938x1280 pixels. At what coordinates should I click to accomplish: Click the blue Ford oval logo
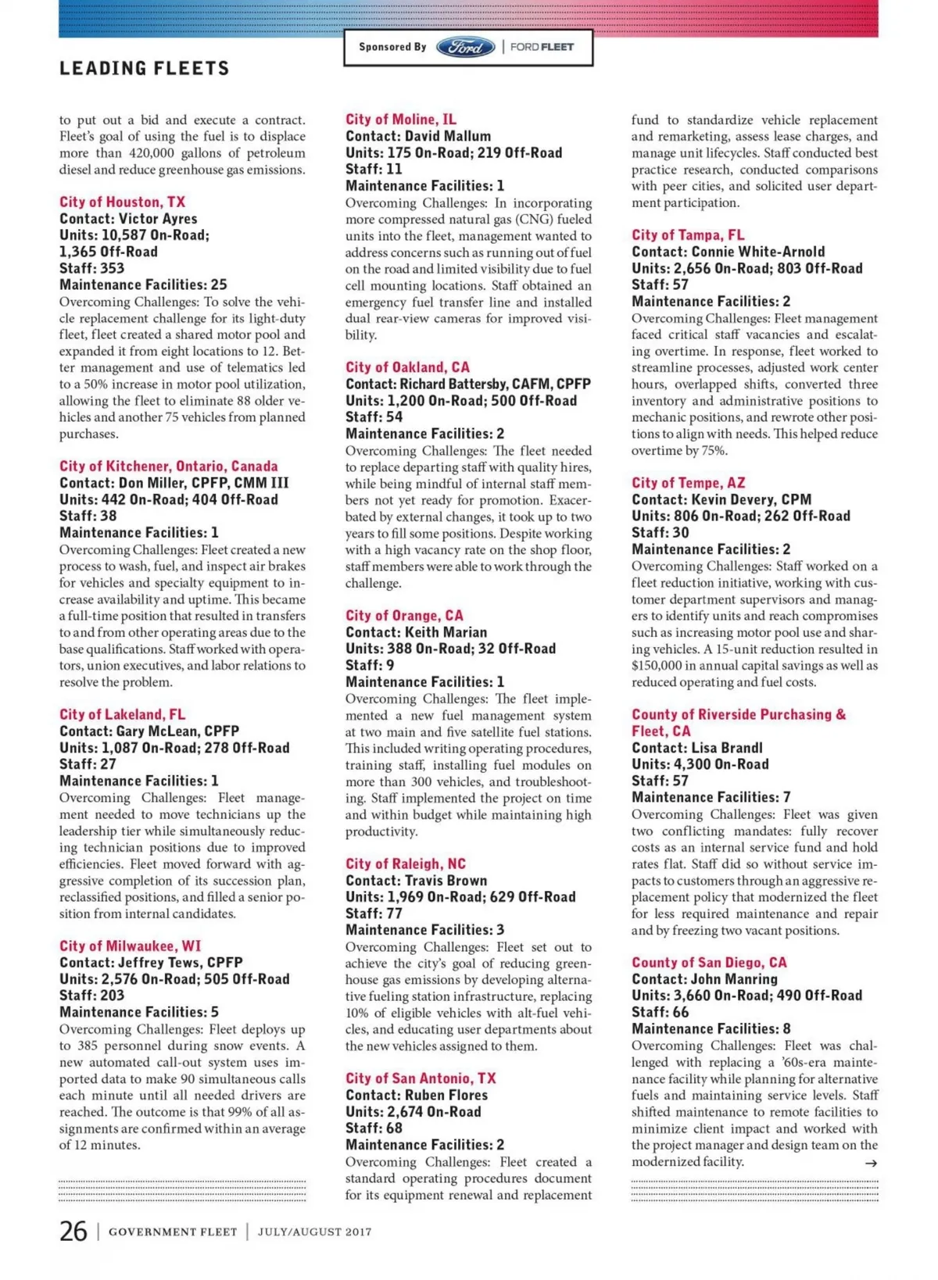pyautogui.click(x=465, y=47)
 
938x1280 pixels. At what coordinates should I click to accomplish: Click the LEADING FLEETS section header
pyautogui.click(x=145, y=69)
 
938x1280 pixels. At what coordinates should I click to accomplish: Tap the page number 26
pyautogui.click(x=73, y=1231)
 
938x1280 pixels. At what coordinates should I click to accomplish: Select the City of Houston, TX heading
pyautogui.click(x=122, y=202)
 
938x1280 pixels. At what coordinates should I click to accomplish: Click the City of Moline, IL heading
pyautogui.click(x=401, y=120)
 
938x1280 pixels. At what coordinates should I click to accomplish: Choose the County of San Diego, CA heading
pyautogui.click(x=709, y=963)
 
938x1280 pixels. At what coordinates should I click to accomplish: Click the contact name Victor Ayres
pyautogui.click(x=158, y=219)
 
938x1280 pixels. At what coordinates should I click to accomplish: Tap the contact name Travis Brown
pyautogui.click(x=443, y=881)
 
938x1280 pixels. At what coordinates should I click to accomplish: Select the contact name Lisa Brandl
pyautogui.click(x=727, y=748)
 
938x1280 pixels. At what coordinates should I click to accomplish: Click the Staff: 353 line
pyautogui.click(x=91, y=268)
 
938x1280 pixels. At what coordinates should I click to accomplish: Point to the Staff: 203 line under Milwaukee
pyautogui.click(x=91, y=996)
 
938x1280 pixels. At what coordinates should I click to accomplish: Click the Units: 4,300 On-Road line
pyautogui.click(x=700, y=764)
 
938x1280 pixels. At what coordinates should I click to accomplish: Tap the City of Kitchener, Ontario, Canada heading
pyautogui.click(x=168, y=467)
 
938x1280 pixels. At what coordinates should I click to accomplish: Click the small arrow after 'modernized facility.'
pyautogui.click(x=870, y=1164)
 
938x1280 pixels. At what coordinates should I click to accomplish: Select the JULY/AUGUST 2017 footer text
pyautogui.click(x=314, y=1232)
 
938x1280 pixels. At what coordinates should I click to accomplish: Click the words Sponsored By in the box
pyautogui.click(x=392, y=47)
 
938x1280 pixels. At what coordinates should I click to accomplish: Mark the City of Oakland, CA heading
pyautogui.click(x=407, y=367)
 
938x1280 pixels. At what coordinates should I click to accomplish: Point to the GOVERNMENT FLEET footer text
pyautogui.click(x=173, y=1232)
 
